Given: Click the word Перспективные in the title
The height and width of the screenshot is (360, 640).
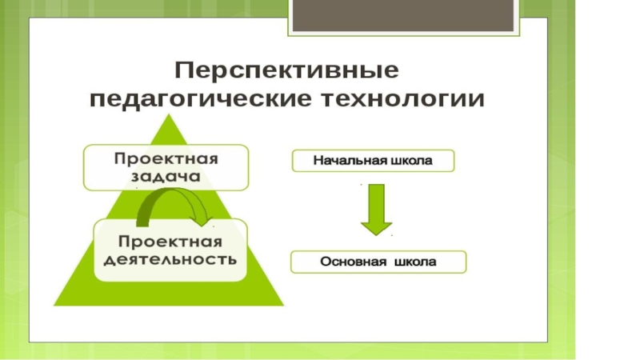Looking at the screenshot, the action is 286,70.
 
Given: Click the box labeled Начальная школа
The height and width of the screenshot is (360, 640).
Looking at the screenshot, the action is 373,161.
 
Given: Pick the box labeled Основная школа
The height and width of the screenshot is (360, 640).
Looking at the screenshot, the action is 378,262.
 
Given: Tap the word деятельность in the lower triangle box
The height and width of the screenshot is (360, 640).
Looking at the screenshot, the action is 170,260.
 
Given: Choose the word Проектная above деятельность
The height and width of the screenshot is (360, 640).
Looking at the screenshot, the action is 170,241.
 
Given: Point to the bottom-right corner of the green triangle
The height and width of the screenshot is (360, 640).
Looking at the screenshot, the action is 283,305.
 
